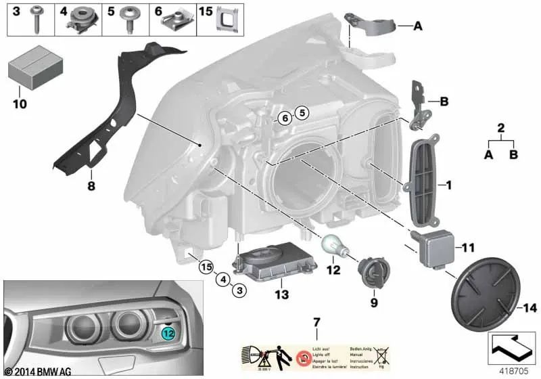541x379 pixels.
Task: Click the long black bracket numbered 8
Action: point(115,115)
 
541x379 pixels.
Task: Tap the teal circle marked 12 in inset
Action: point(168,332)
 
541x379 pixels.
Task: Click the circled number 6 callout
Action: point(285,118)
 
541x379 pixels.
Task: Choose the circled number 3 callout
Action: point(238,290)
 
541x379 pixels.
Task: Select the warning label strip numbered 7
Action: point(316,357)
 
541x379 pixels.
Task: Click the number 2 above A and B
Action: point(500,127)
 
